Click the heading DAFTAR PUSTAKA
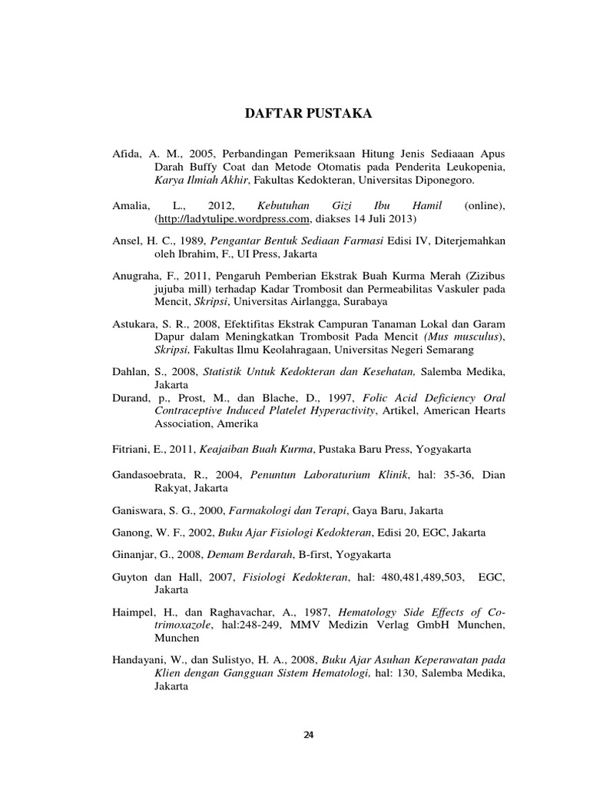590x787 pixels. coord(307,114)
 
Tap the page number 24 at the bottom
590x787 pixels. coord(309,735)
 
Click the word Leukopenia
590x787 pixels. coord(475,167)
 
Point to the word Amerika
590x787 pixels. coord(237,423)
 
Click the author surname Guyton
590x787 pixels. coord(130,576)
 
